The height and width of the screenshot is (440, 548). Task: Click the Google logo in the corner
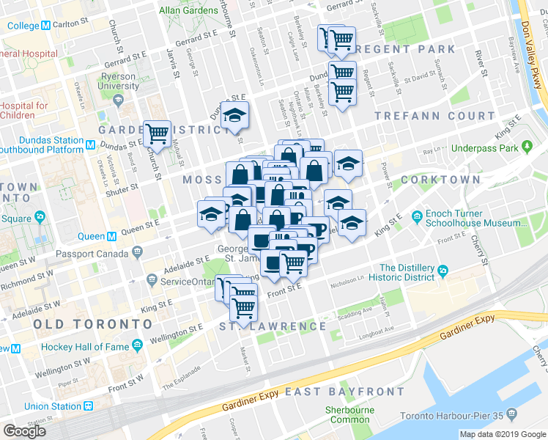(x=26, y=431)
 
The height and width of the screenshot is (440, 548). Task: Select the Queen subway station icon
(x=112, y=236)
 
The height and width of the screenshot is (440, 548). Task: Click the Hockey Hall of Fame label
(x=83, y=346)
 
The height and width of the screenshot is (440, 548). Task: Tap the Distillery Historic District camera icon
(x=443, y=273)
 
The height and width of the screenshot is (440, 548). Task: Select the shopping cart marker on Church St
(x=158, y=133)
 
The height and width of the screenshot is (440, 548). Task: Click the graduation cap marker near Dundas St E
(x=234, y=114)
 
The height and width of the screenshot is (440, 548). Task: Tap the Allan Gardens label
(x=188, y=10)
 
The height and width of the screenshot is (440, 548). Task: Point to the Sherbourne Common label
(x=350, y=415)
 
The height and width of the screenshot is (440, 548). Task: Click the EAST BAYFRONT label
(x=344, y=392)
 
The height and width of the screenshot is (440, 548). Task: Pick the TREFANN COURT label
(x=434, y=116)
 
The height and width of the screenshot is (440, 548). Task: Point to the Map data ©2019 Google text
(x=503, y=434)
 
